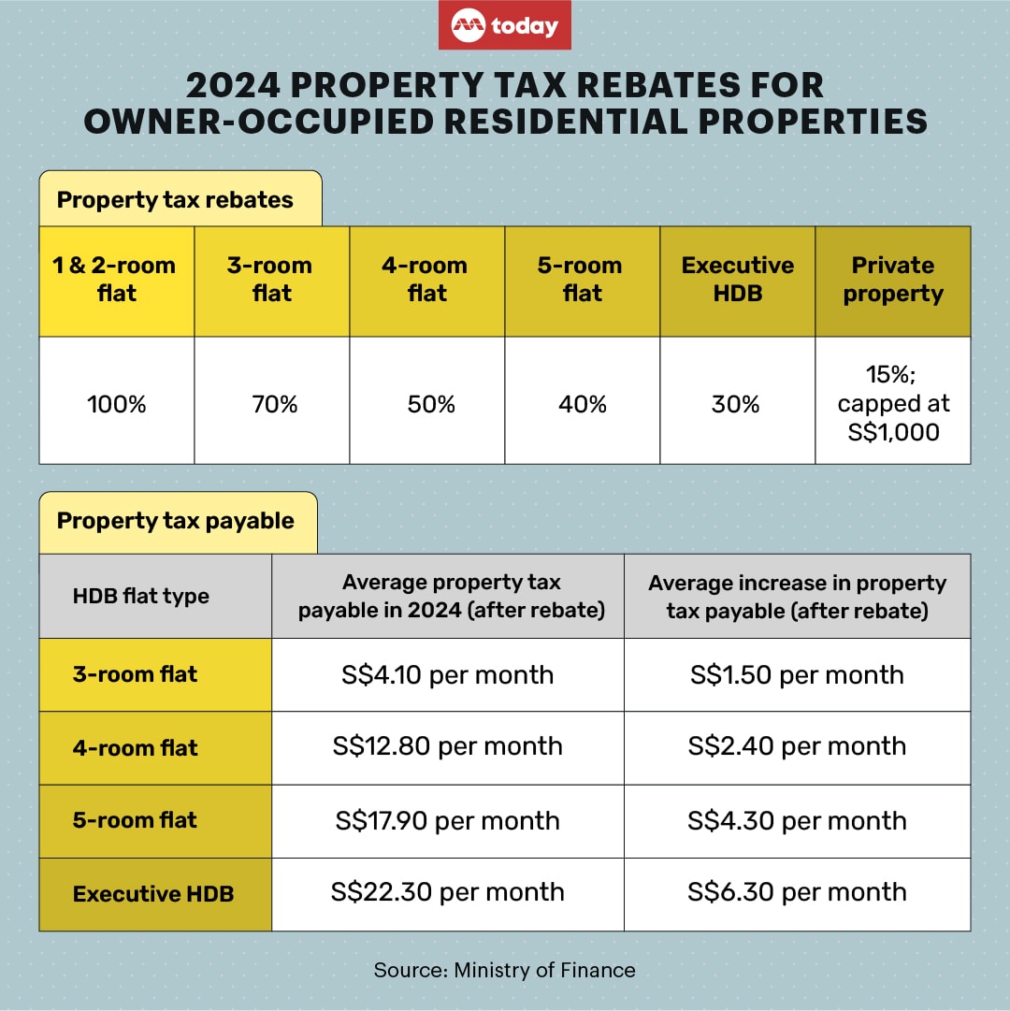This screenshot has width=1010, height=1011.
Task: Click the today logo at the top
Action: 505,26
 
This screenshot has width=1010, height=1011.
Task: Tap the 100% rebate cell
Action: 117,404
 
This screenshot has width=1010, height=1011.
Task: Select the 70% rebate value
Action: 272,404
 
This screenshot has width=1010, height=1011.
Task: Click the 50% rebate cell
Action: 427,404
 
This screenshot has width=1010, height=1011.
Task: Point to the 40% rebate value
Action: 583,404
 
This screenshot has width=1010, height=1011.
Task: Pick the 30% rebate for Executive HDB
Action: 738,404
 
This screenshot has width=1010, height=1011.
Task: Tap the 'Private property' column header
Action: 893,280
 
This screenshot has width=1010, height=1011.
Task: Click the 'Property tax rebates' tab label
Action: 175,199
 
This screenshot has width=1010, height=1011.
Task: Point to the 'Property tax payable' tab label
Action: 176,521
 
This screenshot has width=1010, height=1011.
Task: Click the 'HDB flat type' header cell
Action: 141,597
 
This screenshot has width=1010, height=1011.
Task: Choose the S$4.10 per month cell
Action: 448,675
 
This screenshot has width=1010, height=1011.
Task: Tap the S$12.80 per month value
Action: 448,746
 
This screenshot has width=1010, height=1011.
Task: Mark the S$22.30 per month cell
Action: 448,892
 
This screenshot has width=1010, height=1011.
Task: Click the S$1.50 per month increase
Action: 797,675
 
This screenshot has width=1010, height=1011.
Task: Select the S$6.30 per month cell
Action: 797,892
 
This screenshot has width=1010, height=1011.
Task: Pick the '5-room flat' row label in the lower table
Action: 136,820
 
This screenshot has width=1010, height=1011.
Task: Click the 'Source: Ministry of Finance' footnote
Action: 505,970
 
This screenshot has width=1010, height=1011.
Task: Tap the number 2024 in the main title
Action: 234,86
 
